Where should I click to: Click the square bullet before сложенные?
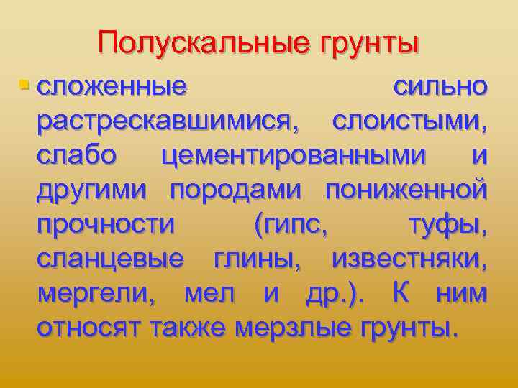coord(25,86)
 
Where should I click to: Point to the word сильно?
coord(440,87)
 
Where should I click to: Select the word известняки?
coord(409,259)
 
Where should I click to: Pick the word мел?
coord(209,294)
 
